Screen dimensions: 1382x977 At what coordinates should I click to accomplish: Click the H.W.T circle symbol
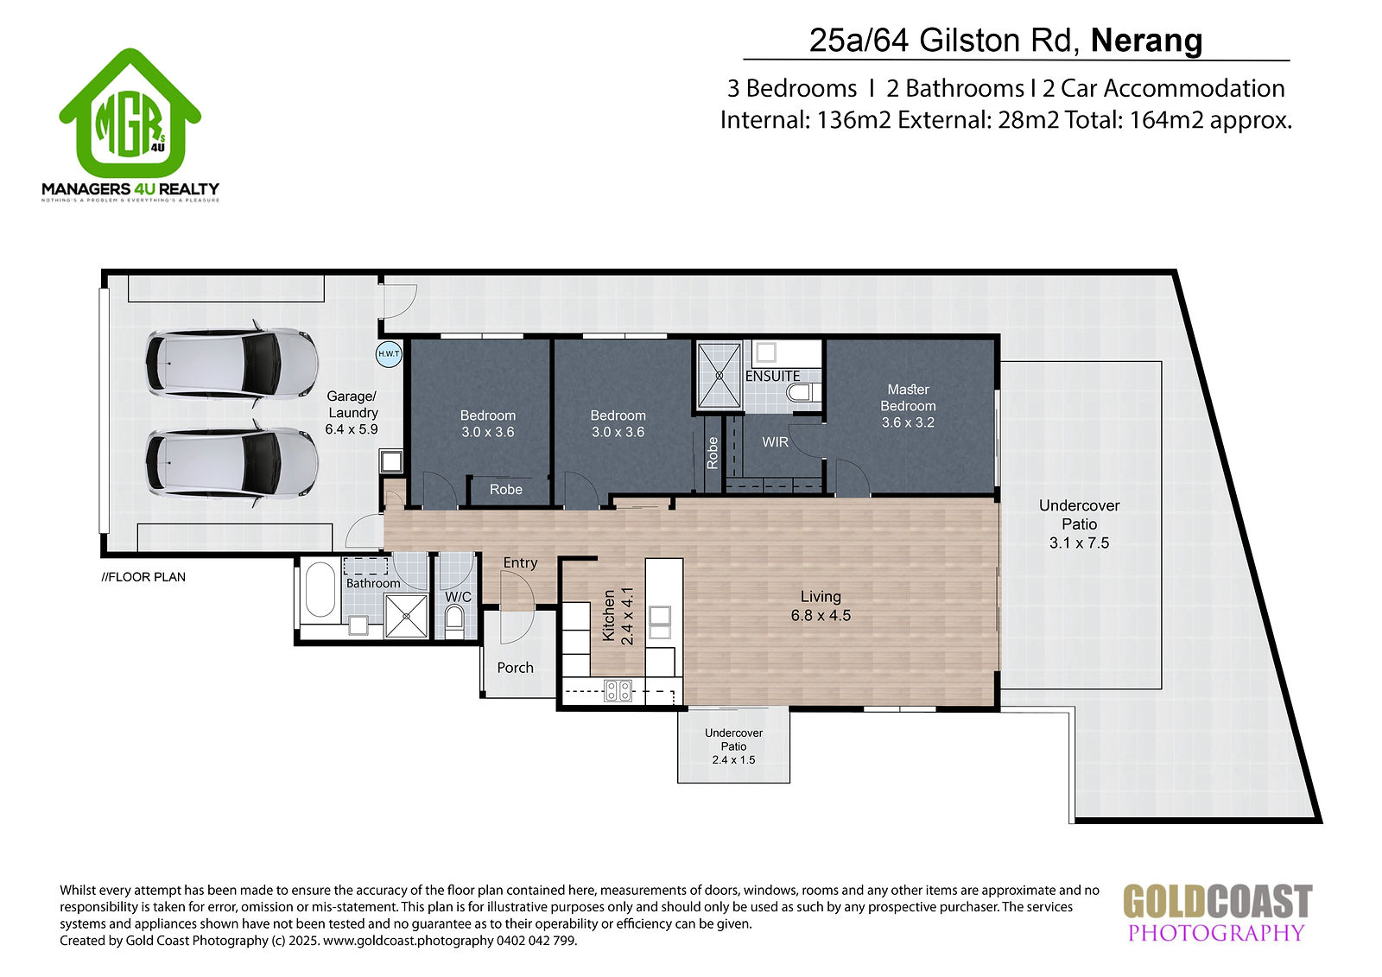click(389, 354)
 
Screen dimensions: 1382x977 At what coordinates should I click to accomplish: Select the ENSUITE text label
click(772, 376)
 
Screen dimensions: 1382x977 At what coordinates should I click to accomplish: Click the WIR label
click(775, 442)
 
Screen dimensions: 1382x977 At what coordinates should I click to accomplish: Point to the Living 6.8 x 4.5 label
click(821, 606)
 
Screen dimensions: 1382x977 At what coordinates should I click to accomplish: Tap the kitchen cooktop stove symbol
click(618, 690)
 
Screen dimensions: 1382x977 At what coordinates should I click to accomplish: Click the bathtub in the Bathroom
click(320, 589)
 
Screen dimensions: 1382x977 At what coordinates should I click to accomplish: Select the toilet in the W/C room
click(454, 621)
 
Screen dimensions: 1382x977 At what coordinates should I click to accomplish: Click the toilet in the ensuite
click(803, 392)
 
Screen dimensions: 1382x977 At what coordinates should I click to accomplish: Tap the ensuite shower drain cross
click(719, 375)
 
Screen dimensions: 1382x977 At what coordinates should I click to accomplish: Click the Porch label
click(515, 667)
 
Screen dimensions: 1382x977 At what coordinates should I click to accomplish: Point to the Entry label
click(520, 563)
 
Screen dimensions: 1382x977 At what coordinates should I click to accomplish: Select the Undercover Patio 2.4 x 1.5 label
click(733, 746)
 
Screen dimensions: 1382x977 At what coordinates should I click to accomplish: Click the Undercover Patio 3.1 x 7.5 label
click(1079, 524)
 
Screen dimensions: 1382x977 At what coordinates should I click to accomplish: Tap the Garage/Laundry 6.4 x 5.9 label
click(352, 412)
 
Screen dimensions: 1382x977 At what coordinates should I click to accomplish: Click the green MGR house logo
click(130, 113)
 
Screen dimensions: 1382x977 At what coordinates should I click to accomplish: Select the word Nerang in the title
click(1146, 41)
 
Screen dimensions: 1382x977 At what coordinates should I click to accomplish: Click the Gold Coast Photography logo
click(1217, 913)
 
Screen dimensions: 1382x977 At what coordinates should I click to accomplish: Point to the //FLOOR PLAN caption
click(143, 577)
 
